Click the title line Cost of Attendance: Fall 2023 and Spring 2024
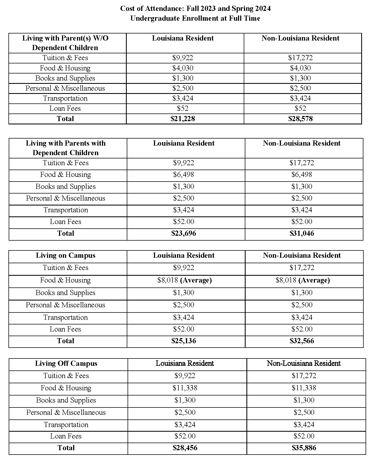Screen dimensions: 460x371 coord(195,9)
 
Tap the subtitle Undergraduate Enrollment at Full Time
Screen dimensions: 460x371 coord(195,19)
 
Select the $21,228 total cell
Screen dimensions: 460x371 coord(183,119)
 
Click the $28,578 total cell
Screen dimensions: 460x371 coord(301,119)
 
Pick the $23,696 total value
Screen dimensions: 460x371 coord(184,233)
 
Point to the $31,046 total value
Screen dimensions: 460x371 coord(302,233)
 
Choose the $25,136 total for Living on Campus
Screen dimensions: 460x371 coord(184,341)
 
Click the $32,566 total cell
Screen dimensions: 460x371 coord(302,341)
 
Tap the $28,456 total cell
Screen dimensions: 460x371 coord(185,448)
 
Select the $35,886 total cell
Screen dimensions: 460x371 coord(304,448)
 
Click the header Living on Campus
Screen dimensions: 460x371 coord(66,256)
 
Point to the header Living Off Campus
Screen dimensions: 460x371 coord(66,364)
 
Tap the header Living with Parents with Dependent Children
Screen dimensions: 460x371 coord(66,148)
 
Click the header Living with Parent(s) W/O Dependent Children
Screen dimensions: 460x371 coord(65,43)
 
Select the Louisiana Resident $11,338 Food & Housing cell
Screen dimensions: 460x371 coord(185,388)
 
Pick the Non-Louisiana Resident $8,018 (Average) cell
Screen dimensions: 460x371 coord(302,280)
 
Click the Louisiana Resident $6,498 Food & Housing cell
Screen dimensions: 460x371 coord(184,174)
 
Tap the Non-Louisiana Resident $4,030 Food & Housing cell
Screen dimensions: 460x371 coord(301,68)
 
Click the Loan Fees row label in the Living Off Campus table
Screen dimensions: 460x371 coord(66,436)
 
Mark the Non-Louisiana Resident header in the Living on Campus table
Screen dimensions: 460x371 coord(302,256)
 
